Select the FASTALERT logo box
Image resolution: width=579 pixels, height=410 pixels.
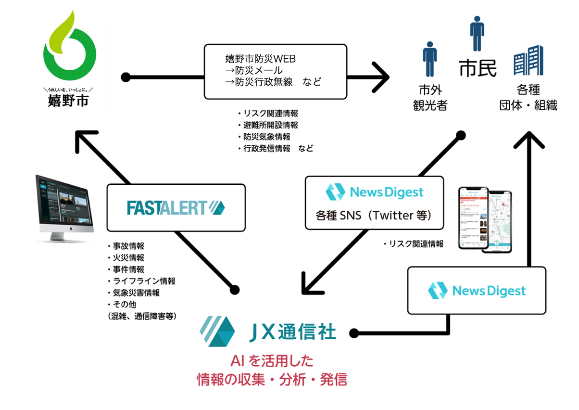click(x=176, y=207)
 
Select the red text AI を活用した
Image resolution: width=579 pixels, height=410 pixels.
click(x=272, y=361)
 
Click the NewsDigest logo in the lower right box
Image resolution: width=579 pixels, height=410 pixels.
click(x=477, y=291)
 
